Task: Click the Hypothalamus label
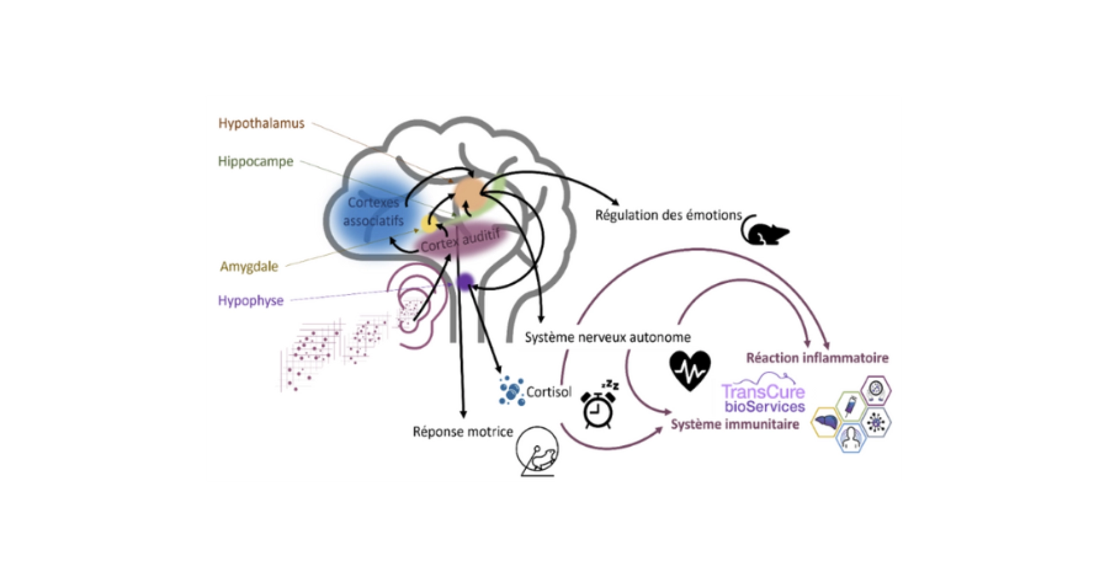pyautogui.click(x=261, y=123)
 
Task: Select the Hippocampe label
pyautogui.click(x=256, y=162)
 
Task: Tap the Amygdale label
pyautogui.click(x=249, y=266)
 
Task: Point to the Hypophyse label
pyautogui.click(x=250, y=301)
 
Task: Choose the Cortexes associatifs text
pyautogui.click(x=374, y=212)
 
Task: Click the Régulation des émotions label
pyautogui.click(x=668, y=215)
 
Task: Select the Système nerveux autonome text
pyautogui.click(x=607, y=337)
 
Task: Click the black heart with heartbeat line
pyautogui.click(x=690, y=370)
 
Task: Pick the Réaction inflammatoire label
pyautogui.click(x=817, y=358)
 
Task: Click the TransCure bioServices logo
pyautogui.click(x=763, y=397)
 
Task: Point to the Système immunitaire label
pyautogui.click(x=735, y=425)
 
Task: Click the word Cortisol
pyautogui.click(x=548, y=392)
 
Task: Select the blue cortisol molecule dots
pyautogui.click(x=511, y=391)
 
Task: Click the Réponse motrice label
pyautogui.click(x=463, y=431)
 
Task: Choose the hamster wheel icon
pyautogui.click(x=538, y=452)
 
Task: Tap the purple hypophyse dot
pyautogui.click(x=465, y=281)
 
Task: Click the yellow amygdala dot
pyautogui.click(x=429, y=223)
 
